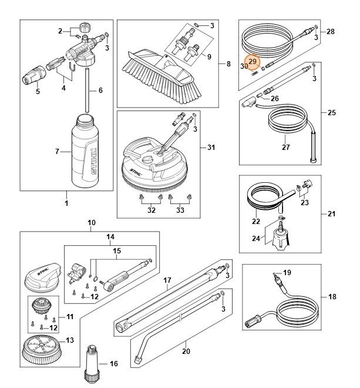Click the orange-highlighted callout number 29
253,62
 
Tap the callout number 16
114,364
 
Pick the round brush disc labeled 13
42,350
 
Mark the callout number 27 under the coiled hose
285,147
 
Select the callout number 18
332,297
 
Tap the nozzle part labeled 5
38,76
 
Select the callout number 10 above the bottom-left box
91,223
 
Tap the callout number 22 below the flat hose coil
255,222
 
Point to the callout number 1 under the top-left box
66,203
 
